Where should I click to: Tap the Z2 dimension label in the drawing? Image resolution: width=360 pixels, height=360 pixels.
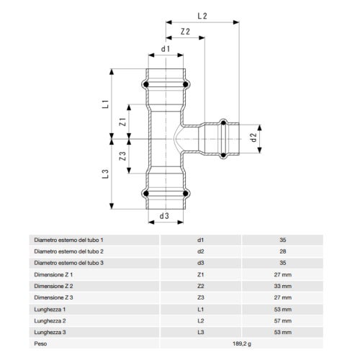(x=185, y=32)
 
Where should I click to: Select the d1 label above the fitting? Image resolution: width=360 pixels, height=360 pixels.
(x=165, y=49)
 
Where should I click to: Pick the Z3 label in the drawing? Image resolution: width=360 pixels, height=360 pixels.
(x=122, y=156)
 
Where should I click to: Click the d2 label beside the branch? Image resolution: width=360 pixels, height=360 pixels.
(x=253, y=136)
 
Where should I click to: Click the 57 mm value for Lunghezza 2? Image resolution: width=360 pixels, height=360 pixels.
(x=282, y=320)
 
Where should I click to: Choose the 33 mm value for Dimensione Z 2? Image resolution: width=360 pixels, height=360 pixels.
(x=282, y=286)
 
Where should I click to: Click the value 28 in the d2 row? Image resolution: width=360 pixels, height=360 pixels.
(x=282, y=251)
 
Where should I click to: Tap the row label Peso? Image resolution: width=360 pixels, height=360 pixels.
(x=41, y=344)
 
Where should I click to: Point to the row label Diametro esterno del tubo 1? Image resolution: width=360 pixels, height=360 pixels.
(x=69, y=239)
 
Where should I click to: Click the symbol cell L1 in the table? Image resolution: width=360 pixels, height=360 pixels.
(x=201, y=309)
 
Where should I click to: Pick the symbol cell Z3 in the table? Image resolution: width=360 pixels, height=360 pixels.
(x=201, y=297)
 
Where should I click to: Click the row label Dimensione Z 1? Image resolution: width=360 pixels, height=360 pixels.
(x=54, y=274)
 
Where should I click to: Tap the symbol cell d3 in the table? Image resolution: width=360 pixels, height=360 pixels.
(x=201, y=263)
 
